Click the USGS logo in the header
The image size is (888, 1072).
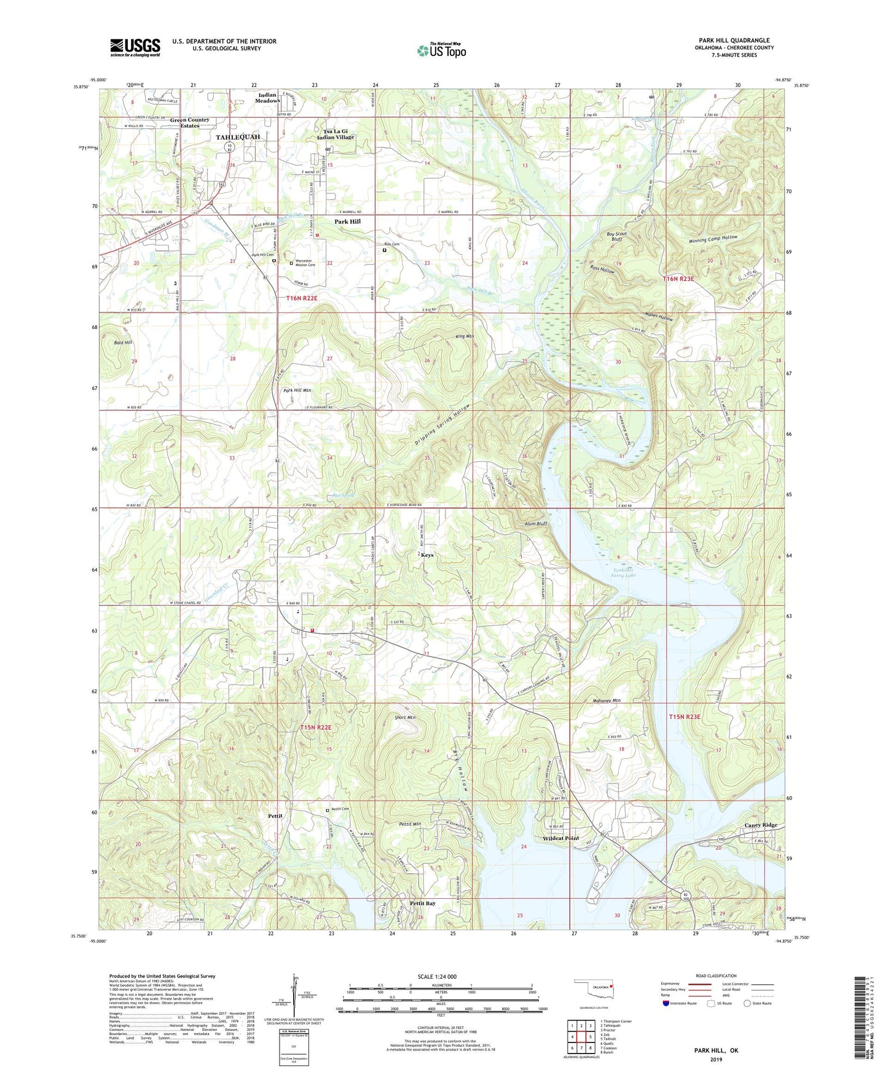coord(135,47)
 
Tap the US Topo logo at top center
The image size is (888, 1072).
coord(441,50)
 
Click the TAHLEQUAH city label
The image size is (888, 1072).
coord(238,137)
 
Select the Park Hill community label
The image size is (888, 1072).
coord(347,222)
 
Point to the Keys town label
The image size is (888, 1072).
coord(427,555)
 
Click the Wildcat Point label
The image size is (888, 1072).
coord(560,839)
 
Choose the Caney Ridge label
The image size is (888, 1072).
coord(761,825)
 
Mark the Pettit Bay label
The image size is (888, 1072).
coord(422,904)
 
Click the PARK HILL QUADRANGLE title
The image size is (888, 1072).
coord(734,41)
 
